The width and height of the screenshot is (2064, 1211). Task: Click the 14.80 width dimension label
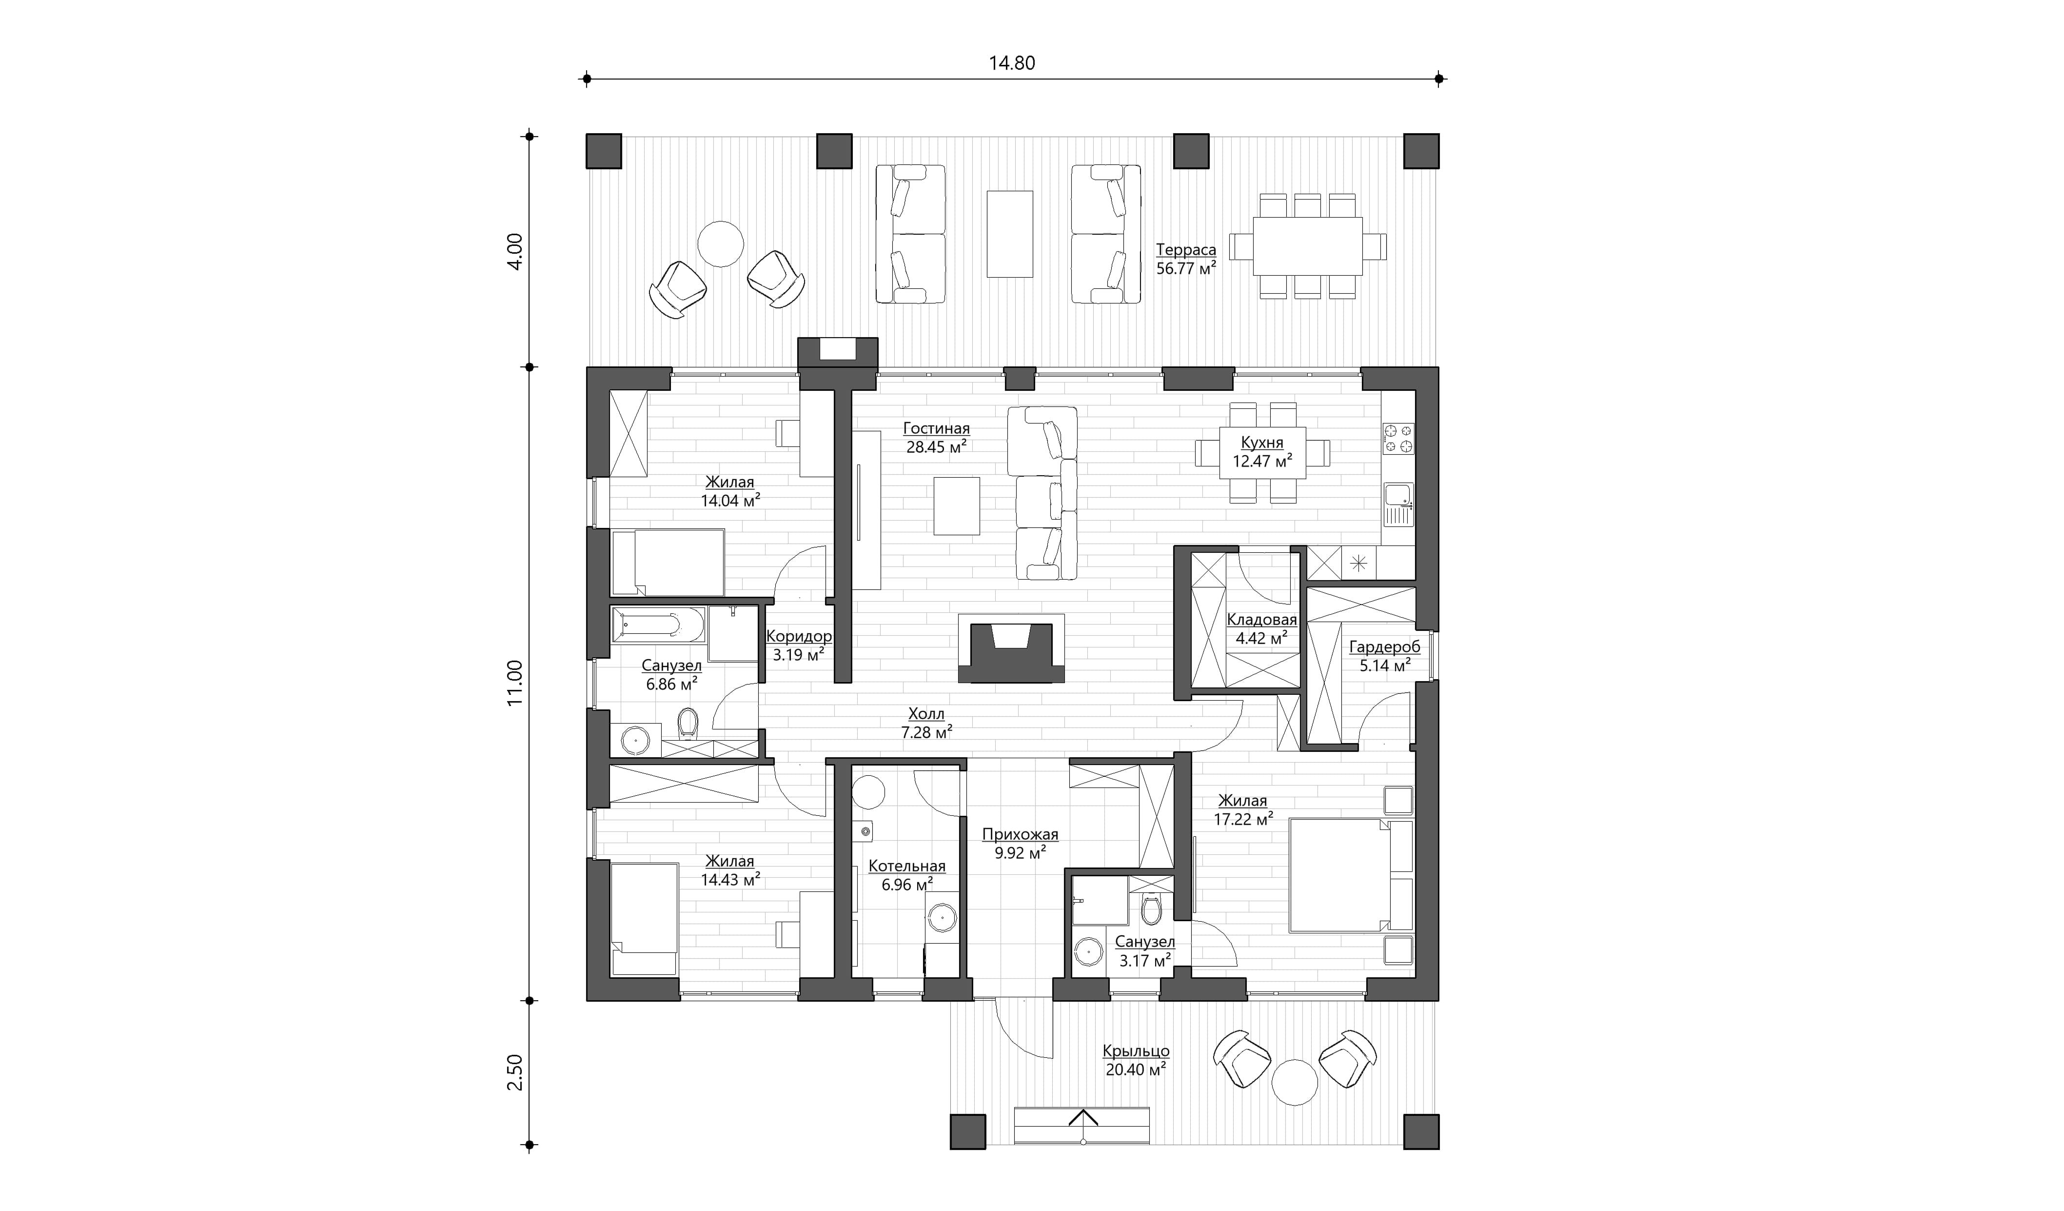(1012, 63)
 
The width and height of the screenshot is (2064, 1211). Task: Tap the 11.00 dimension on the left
(514, 684)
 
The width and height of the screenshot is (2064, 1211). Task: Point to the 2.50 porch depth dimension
(514, 1072)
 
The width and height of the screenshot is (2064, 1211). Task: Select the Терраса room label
(1185, 258)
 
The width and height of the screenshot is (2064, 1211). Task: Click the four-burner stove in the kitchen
(1398, 438)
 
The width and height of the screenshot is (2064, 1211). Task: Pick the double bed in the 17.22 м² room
(1351, 876)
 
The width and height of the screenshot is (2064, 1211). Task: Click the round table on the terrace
(721, 243)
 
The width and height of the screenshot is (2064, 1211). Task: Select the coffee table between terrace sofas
(1010, 234)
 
